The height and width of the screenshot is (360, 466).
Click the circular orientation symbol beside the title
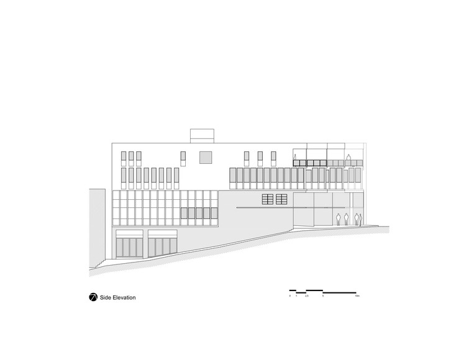(x=93, y=297)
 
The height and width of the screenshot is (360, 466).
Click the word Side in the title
(x=106, y=298)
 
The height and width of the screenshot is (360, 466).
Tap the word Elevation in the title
(x=124, y=298)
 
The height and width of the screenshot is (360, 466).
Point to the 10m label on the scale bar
(x=357, y=297)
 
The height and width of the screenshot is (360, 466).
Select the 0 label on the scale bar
(x=290, y=297)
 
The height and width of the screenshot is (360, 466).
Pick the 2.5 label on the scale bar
(x=306, y=297)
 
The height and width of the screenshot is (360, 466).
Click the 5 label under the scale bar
(x=323, y=297)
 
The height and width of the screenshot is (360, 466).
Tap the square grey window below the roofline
(x=206, y=157)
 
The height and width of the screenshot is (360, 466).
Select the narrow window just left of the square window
(x=184, y=157)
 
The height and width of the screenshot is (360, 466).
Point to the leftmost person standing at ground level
(x=338, y=220)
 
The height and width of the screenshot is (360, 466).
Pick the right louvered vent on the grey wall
(x=282, y=199)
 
